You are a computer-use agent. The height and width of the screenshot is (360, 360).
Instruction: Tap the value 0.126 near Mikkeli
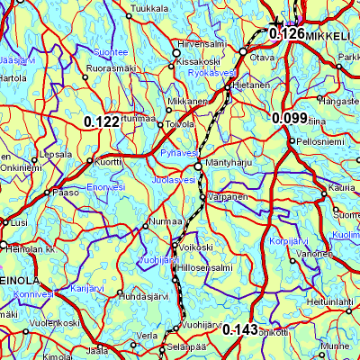(287, 34)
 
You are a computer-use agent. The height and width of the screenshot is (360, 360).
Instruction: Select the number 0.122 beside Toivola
(102, 121)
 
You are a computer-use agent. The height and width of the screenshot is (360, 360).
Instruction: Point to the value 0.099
(290, 118)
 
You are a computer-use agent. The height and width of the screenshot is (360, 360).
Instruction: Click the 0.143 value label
(240, 329)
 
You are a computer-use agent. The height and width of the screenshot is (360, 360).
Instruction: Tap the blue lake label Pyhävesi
(177, 154)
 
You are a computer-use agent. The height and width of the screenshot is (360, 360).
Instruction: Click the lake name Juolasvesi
(174, 180)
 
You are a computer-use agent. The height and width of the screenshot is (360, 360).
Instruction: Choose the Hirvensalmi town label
(202, 43)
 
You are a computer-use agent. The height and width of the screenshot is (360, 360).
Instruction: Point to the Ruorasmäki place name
(110, 67)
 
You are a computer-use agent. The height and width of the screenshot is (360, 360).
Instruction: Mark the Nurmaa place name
(165, 221)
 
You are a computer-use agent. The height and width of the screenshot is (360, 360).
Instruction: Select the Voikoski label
(196, 247)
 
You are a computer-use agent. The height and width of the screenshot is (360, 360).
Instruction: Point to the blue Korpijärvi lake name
(289, 243)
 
